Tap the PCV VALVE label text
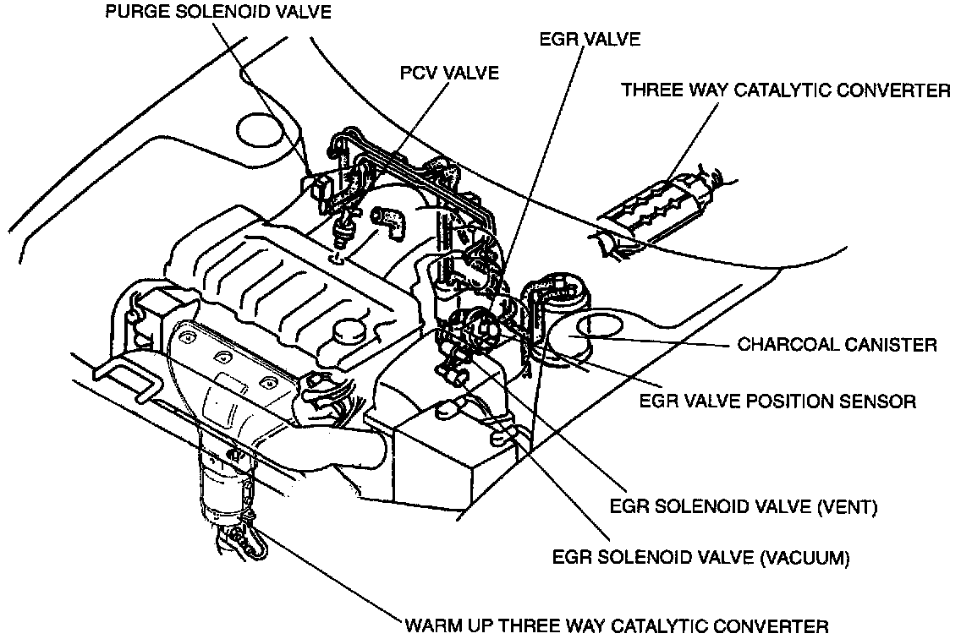449,74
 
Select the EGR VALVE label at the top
590,39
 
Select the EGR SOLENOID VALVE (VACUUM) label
700,558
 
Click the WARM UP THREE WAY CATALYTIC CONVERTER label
617,626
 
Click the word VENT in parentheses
848,508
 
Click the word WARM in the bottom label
432,626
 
